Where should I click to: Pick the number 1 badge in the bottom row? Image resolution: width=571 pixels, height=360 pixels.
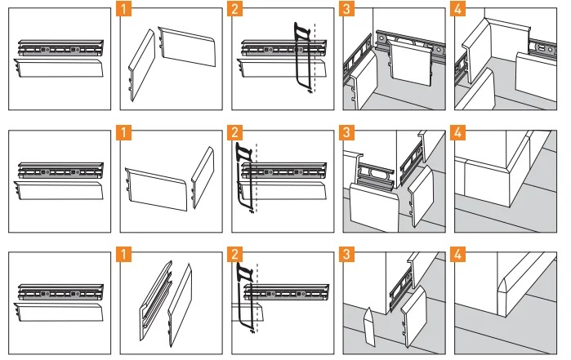[124, 254]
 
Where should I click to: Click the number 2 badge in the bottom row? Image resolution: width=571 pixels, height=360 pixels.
[237, 254]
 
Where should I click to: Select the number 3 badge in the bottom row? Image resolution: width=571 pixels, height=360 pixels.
[348, 254]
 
